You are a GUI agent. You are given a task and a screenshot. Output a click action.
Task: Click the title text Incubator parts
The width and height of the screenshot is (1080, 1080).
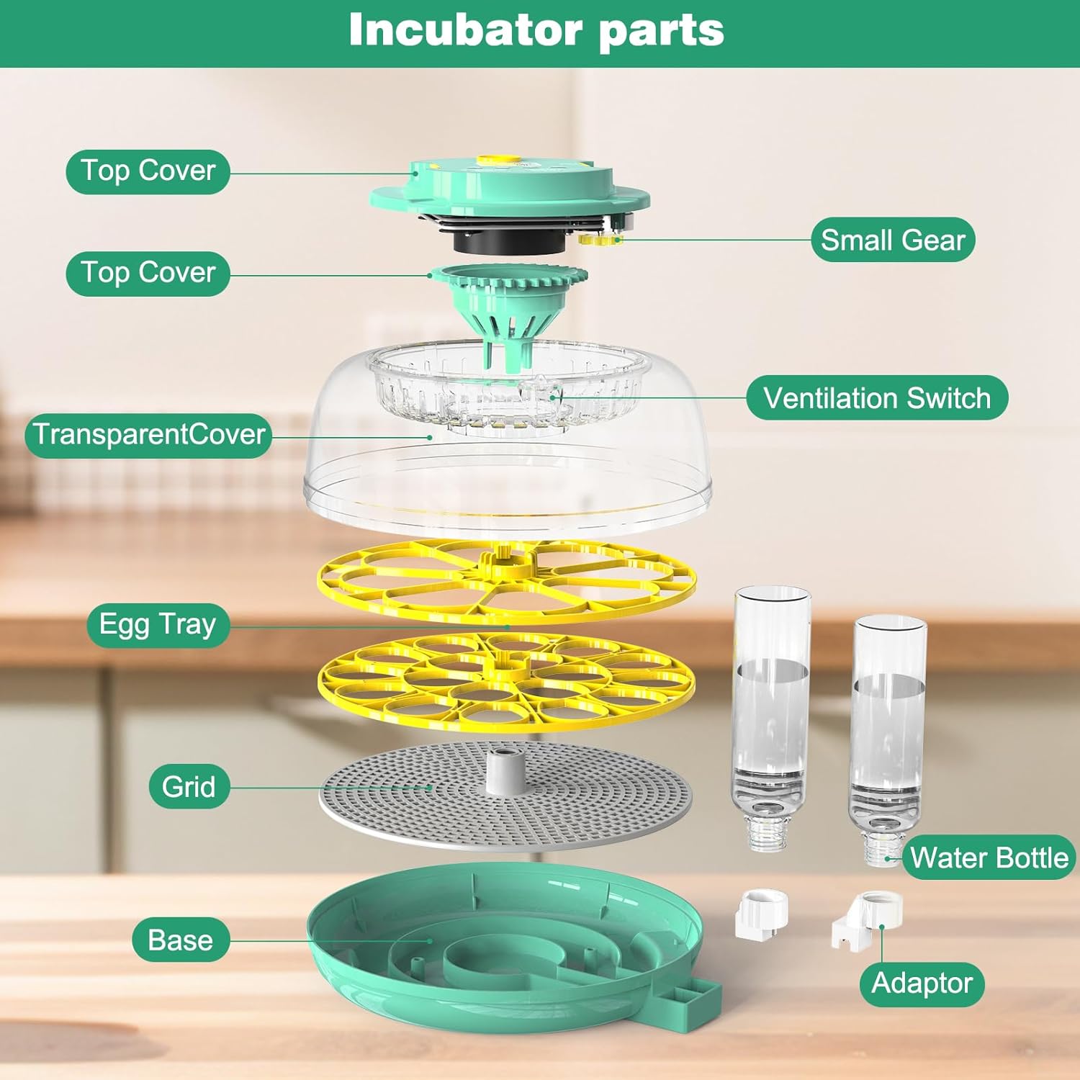pos(536,30)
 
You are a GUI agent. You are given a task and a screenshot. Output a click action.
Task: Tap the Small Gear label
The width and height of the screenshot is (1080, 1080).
pos(893,240)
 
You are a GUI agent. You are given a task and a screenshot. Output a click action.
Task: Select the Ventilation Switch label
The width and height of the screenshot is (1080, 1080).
pos(876,397)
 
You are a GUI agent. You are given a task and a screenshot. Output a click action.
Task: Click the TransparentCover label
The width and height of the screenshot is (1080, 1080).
pos(148,435)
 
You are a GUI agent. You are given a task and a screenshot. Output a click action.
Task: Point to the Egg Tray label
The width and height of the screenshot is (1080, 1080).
pos(158,624)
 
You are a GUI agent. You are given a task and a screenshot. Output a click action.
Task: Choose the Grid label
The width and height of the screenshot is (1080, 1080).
pos(189,786)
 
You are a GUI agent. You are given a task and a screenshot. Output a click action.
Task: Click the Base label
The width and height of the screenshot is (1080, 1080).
pos(180,940)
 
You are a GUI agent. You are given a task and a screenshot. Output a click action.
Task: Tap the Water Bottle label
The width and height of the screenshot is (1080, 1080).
pos(989,858)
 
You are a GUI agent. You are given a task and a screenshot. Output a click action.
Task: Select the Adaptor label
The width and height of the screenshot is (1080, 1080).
pos(922,984)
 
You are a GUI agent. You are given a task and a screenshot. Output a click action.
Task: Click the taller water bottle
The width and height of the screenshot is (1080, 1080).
pos(770,713)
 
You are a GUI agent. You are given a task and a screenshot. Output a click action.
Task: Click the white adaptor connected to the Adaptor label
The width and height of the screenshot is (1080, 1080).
pos(868,918)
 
